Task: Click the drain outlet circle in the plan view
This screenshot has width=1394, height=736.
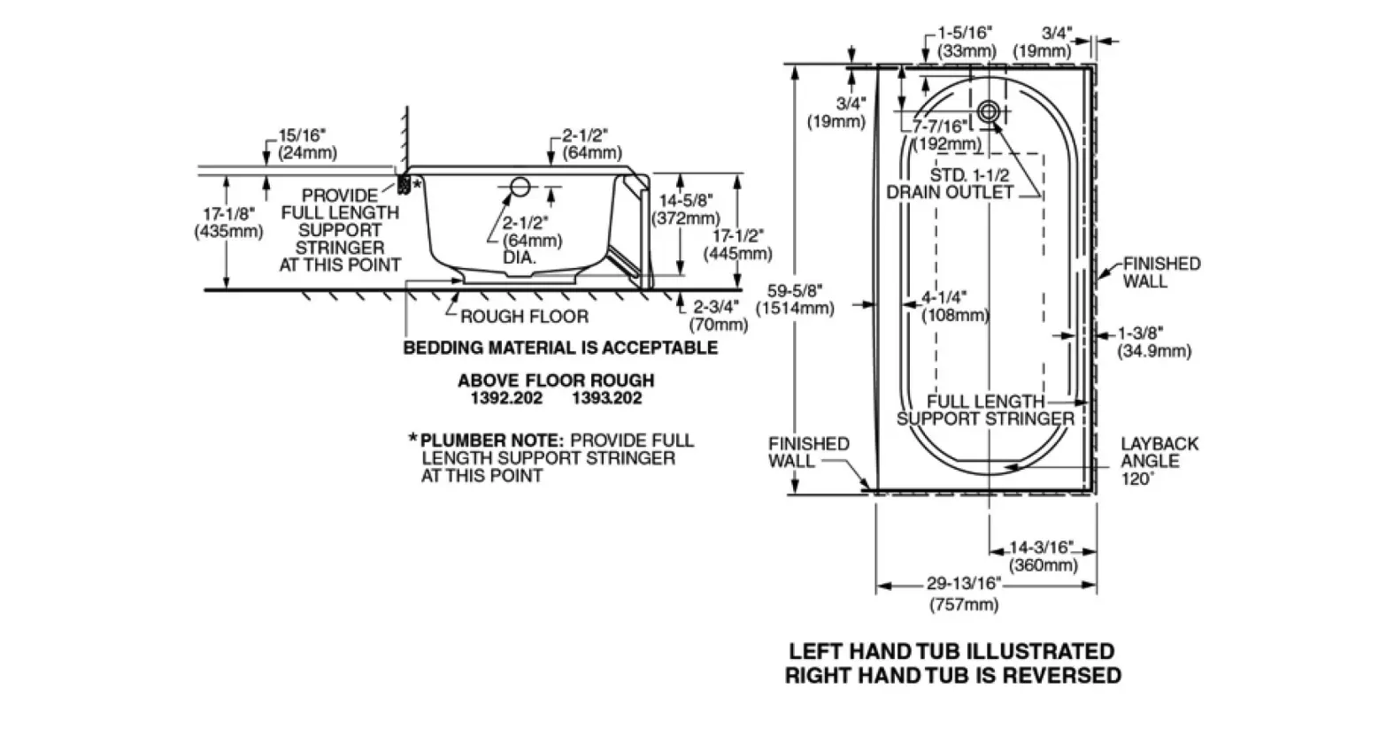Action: pyautogui.click(x=989, y=112)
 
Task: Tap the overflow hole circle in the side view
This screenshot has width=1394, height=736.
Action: pyautogui.click(x=520, y=187)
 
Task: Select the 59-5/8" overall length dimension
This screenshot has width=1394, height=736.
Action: pyautogui.click(x=795, y=299)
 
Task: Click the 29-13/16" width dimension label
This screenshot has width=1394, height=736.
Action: pyautogui.click(x=964, y=594)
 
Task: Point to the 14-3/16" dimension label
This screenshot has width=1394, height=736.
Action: pyautogui.click(x=1043, y=556)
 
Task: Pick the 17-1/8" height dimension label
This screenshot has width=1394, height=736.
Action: pyautogui.click(x=228, y=223)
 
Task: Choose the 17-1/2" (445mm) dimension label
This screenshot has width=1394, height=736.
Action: pyautogui.click(x=738, y=244)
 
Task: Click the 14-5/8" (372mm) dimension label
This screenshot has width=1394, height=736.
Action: pyautogui.click(x=686, y=209)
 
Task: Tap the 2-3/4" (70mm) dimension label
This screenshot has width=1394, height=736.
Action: pyautogui.click(x=718, y=316)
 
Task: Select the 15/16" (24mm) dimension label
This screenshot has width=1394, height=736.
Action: pyautogui.click(x=307, y=143)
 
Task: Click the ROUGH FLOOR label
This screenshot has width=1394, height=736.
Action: pyautogui.click(x=524, y=317)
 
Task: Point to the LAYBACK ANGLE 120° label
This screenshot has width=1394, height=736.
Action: pyautogui.click(x=1159, y=461)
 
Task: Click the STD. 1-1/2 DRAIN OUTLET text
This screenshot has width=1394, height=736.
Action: pyautogui.click(x=951, y=183)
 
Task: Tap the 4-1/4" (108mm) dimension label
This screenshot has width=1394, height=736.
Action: pyautogui.click(x=955, y=306)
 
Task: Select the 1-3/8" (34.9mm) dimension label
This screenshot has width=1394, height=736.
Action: pyautogui.click(x=1154, y=342)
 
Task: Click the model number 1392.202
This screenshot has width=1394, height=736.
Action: pyautogui.click(x=506, y=398)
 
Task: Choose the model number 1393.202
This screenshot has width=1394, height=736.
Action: pyautogui.click(x=607, y=398)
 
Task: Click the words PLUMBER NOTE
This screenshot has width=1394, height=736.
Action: pyautogui.click(x=491, y=441)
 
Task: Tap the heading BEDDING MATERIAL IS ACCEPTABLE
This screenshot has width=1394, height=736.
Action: pyautogui.click(x=561, y=347)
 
